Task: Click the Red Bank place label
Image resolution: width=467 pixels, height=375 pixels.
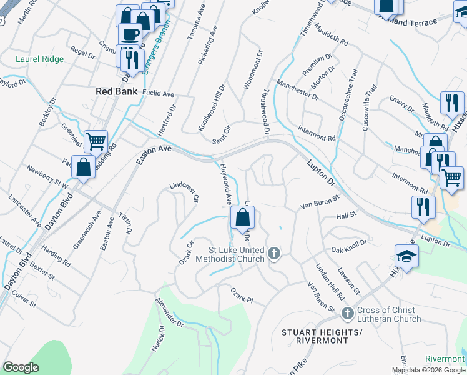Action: pyautogui.click(x=116, y=91)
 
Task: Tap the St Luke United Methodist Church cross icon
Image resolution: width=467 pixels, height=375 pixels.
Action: pyautogui.click(x=273, y=253)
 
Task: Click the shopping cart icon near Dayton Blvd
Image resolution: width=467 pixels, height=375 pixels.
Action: pyautogui.click(x=96, y=141)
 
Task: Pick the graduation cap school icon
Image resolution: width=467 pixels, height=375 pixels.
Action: pyautogui.click(x=406, y=256)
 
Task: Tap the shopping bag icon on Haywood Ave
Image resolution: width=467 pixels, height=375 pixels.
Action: pyautogui.click(x=242, y=218)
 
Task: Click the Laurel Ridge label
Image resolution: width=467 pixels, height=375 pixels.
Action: pyautogui.click(x=39, y=60)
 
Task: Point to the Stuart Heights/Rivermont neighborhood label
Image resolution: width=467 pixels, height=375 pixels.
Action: pyautogui.click(x=322, y=336)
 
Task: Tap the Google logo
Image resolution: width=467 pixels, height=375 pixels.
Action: pyautogui.click(x=21, y=367)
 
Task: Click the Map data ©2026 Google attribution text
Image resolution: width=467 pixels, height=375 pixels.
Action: pyautogui.click(x=428, y=370)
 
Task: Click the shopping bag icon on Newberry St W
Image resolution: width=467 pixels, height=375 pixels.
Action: pyautogui.click(x=83, y=167)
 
